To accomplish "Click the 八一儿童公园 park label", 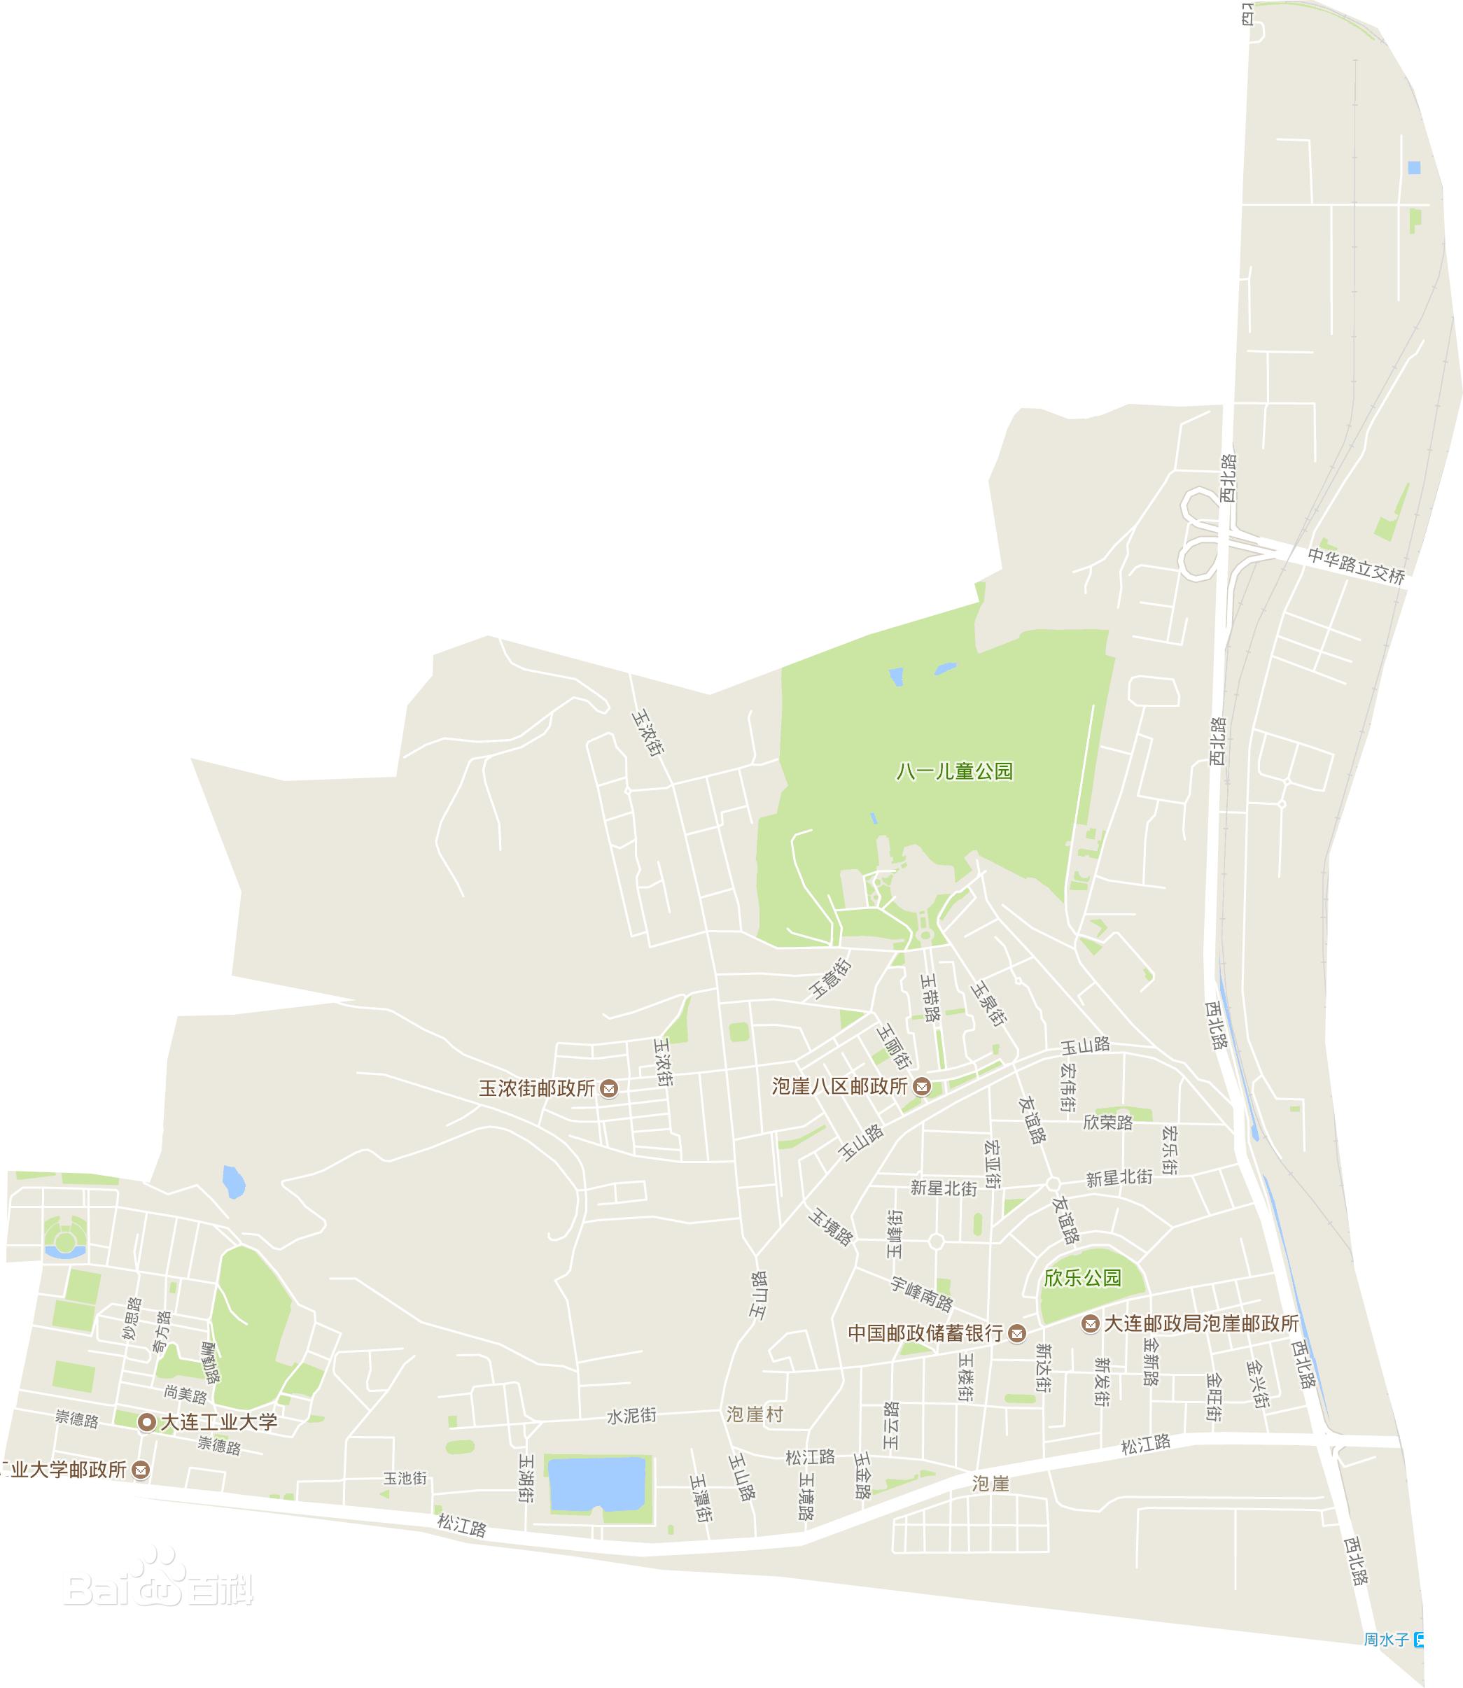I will pyautogui.click(x=954, y=771).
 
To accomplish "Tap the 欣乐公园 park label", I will pyautogui.click(x=1083, y=1277).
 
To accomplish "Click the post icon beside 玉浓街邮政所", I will pyautogui.click(x=608, y=1088).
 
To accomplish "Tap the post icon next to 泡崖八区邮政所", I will pyautogui.click(x=922, y=1086).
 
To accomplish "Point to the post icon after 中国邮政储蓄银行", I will pyautogui.click(x=1016, y=1334).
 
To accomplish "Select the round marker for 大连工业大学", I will pyautogui.click(x=147, y=1422).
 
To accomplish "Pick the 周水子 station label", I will pyautogui.click(x=1386, y=1662).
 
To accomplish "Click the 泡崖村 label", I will pyautogui.click(x=755, y=1414).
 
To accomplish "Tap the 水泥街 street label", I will pyautogui.click(x=631, y=1415).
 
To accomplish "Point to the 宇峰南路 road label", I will pyautogui.click(x=921, y=1293).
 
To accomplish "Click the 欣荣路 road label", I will pyautogui.click(x=1108, y=1123).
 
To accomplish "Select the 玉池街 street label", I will pyautogui.click(x=406, y=1478).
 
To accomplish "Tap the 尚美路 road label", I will pyautogui.click(x=185, y=1393).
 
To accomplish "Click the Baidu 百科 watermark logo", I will pyautogui.click(x=159, y=1589).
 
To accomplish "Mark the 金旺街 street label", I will pyautogui.click(x=1214, y=1398).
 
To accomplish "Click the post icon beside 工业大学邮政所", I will pyautogui.click(x=141, y=1470).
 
